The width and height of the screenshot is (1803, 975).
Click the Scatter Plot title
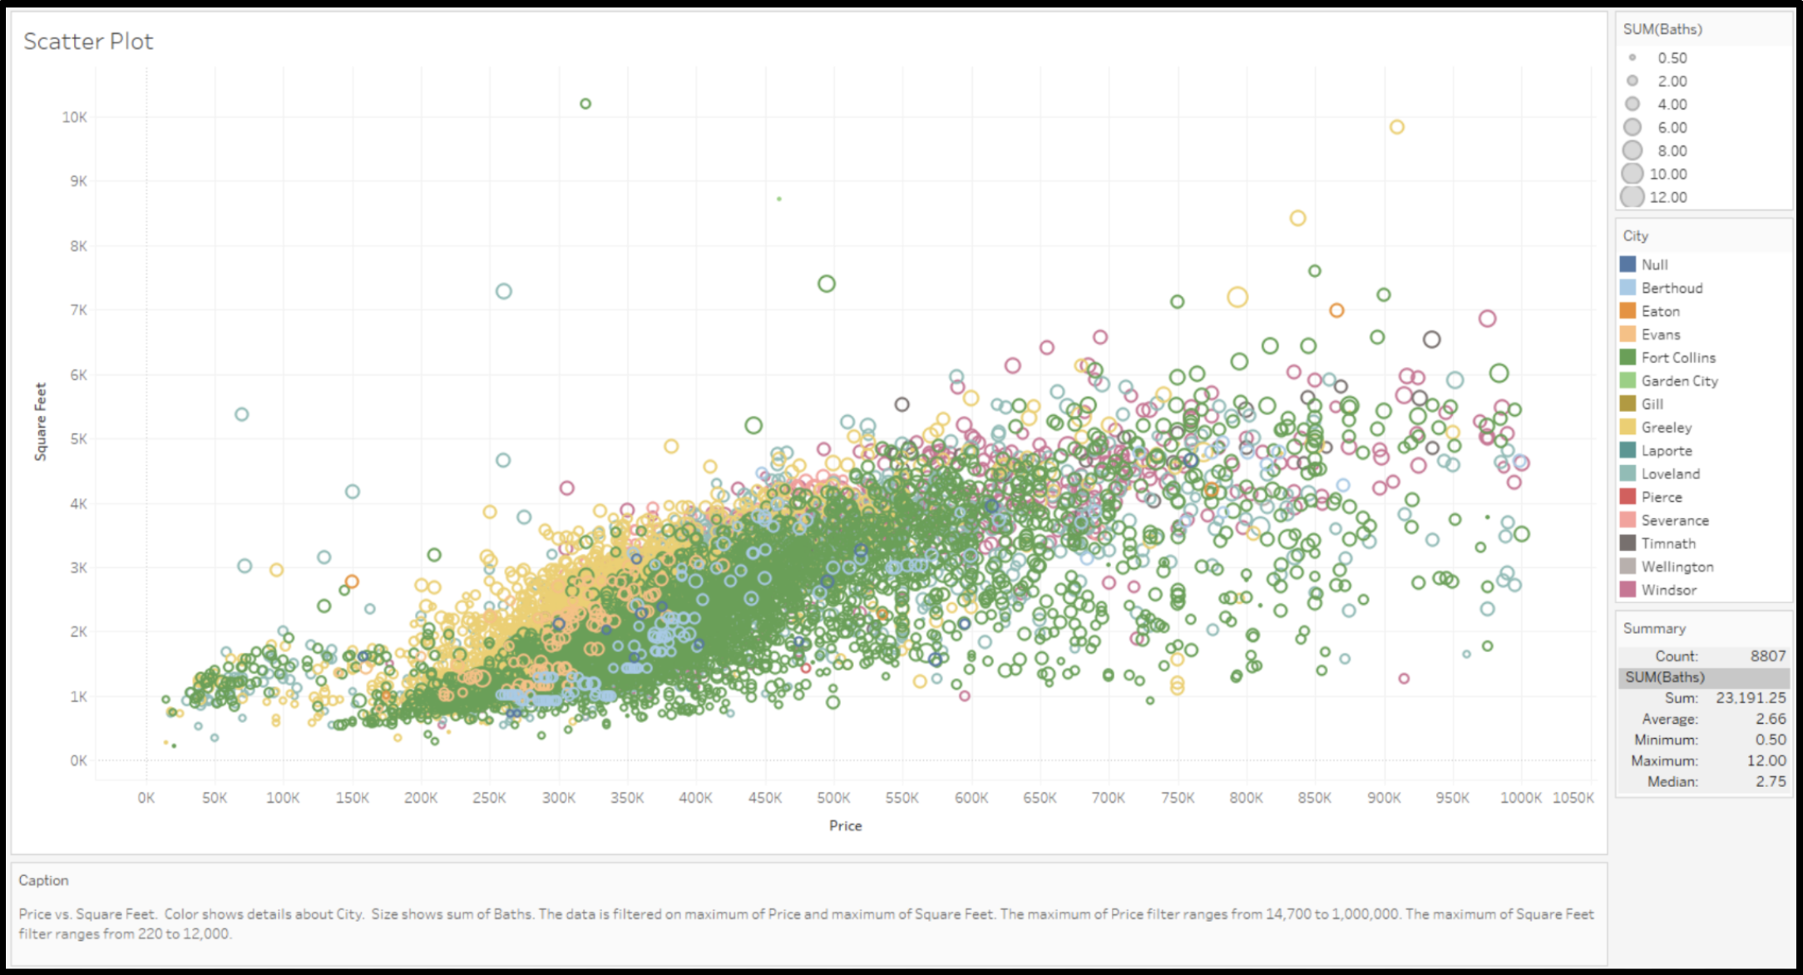pos(88,41)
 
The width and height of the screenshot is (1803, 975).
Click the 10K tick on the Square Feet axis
pos(74,117)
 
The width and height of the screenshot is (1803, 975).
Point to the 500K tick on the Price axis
pos(833,798)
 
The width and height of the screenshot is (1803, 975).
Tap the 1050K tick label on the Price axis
pos(1573,798)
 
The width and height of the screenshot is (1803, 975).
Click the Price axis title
pos(845,825)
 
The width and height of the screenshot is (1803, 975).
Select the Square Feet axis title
pos(40,421)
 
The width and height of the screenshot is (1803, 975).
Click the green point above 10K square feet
pos(585,104)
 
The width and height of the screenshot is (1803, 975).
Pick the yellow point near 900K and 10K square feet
pos(1397,127)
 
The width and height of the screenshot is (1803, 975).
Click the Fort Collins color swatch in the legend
pos(1628,357)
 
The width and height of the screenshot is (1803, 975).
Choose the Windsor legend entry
pos(1668,590)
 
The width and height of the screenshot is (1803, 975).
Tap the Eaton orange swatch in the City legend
pos(1628,310)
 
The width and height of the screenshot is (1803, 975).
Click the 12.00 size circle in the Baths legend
pos(1633,197)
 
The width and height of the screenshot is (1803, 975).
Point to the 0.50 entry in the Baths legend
pos(1672,58)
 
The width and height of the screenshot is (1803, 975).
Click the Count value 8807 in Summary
pos(1767,656)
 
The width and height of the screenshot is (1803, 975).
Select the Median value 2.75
pos(1771,781)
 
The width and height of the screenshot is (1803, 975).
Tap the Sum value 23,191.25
pos(1751,697)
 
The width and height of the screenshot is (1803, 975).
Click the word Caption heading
pos(44,880)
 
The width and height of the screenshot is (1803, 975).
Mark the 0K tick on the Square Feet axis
pos(78,760)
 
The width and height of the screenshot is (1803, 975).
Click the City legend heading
pos(1635,235)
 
